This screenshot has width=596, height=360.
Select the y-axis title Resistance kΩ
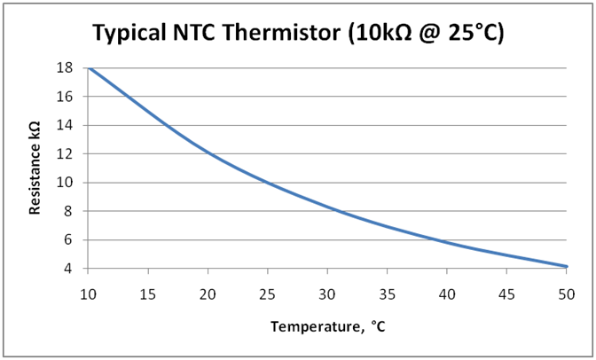[36, 168]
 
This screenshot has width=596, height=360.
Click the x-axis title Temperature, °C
[328, 326]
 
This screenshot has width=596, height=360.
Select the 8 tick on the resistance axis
[72, 211]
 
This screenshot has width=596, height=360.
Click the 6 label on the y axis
[72, 239]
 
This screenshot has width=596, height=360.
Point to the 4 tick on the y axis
[72, 269]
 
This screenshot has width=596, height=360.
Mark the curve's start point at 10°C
[89, 67]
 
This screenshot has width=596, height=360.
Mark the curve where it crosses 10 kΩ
[269, 183]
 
